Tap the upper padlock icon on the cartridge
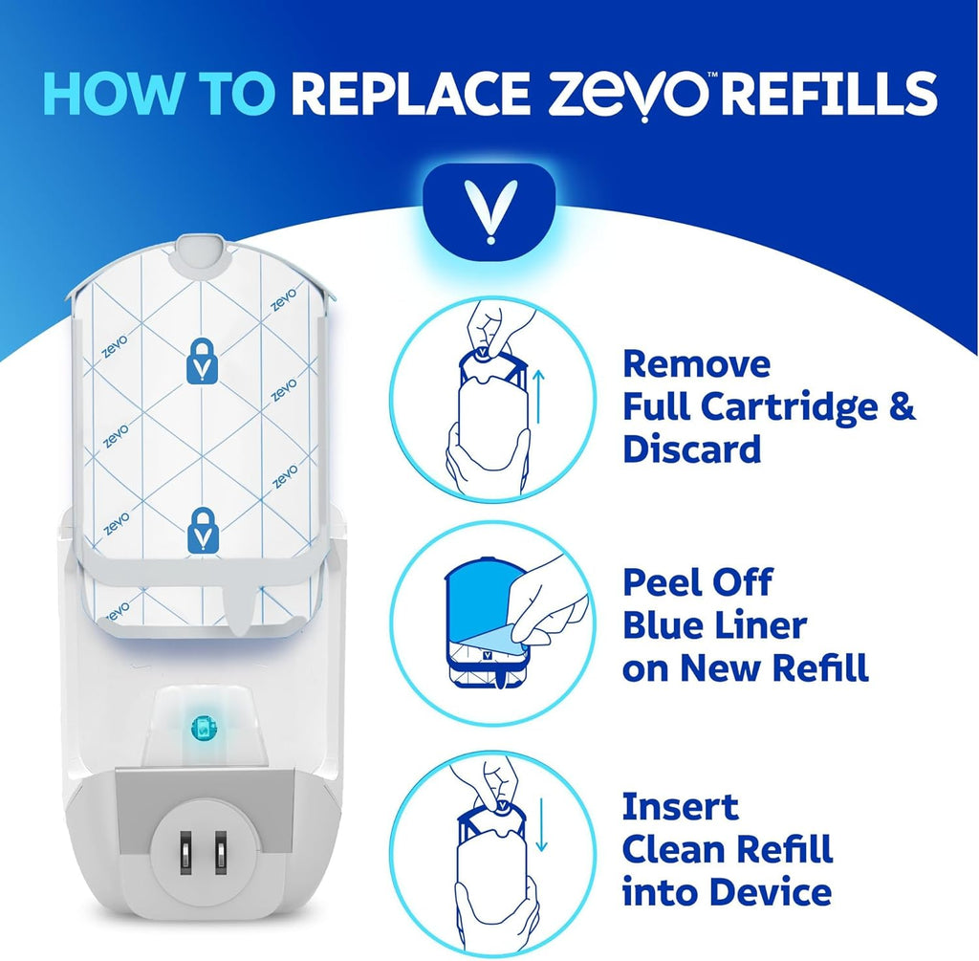pos(201,361)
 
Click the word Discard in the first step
pos(691,449)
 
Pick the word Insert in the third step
pos(680,806)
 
